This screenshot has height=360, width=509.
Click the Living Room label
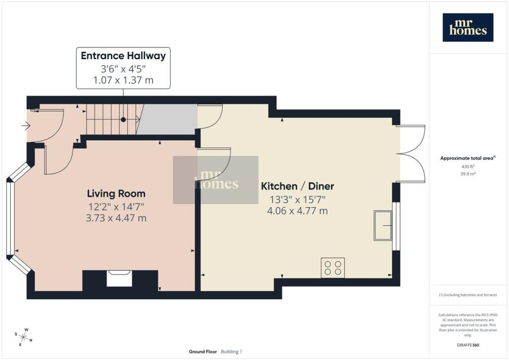tap(116, 193)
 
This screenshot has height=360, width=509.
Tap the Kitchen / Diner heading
tap(297, 186)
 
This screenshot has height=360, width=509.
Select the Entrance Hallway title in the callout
tap(123, 56)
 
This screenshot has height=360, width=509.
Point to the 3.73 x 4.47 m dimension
tap(116, 218)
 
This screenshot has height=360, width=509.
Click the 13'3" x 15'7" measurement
tap(297, 199)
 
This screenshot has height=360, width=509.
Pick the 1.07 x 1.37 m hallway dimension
tap(123, 80)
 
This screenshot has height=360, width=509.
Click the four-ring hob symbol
tap(333, 268)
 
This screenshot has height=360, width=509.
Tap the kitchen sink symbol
tap(383, 225)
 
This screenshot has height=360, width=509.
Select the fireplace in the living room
tap(119, 278)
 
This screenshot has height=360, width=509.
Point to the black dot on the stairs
tap(123, 120)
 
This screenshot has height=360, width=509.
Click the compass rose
tap(23, 337)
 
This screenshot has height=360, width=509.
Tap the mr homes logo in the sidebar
tap(468, 27)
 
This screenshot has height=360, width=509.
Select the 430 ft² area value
tap(467, 167)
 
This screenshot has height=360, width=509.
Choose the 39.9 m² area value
tap(468, 174)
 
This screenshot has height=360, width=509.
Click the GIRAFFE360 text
tap(468, 345)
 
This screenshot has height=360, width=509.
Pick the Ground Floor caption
tap(203, 352)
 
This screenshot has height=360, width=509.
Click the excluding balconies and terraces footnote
tap(468, 295)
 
